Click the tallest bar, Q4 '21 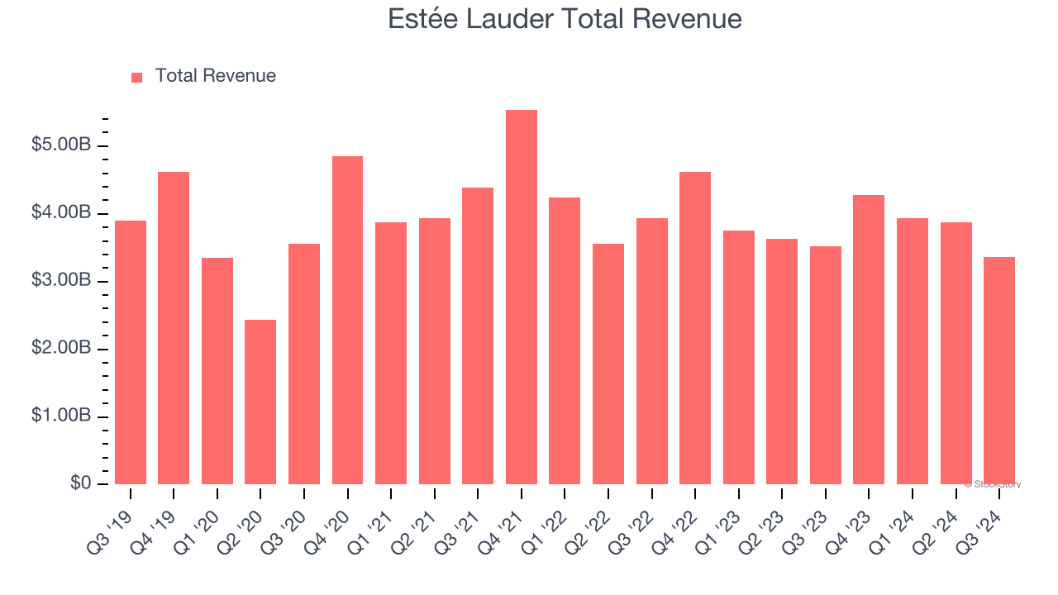(x=522, y=297)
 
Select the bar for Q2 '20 (x=260, y=402)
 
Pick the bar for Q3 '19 (x=131, y=353)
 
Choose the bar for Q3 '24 (x=999, y=371)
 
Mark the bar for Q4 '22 (x=695, y=328)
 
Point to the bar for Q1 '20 (x=217, y=371)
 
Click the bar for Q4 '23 (x=869, y=340)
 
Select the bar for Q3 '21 (x=478, y=336)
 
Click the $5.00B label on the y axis (x=61, y=145)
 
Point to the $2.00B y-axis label (x=61, y=349)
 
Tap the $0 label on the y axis (x=80, y=483)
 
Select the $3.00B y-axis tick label (x=61, y=281)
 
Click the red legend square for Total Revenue (x=137, y=78)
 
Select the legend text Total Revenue (x=215, y=76)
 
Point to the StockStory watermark (x=993, y=484)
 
